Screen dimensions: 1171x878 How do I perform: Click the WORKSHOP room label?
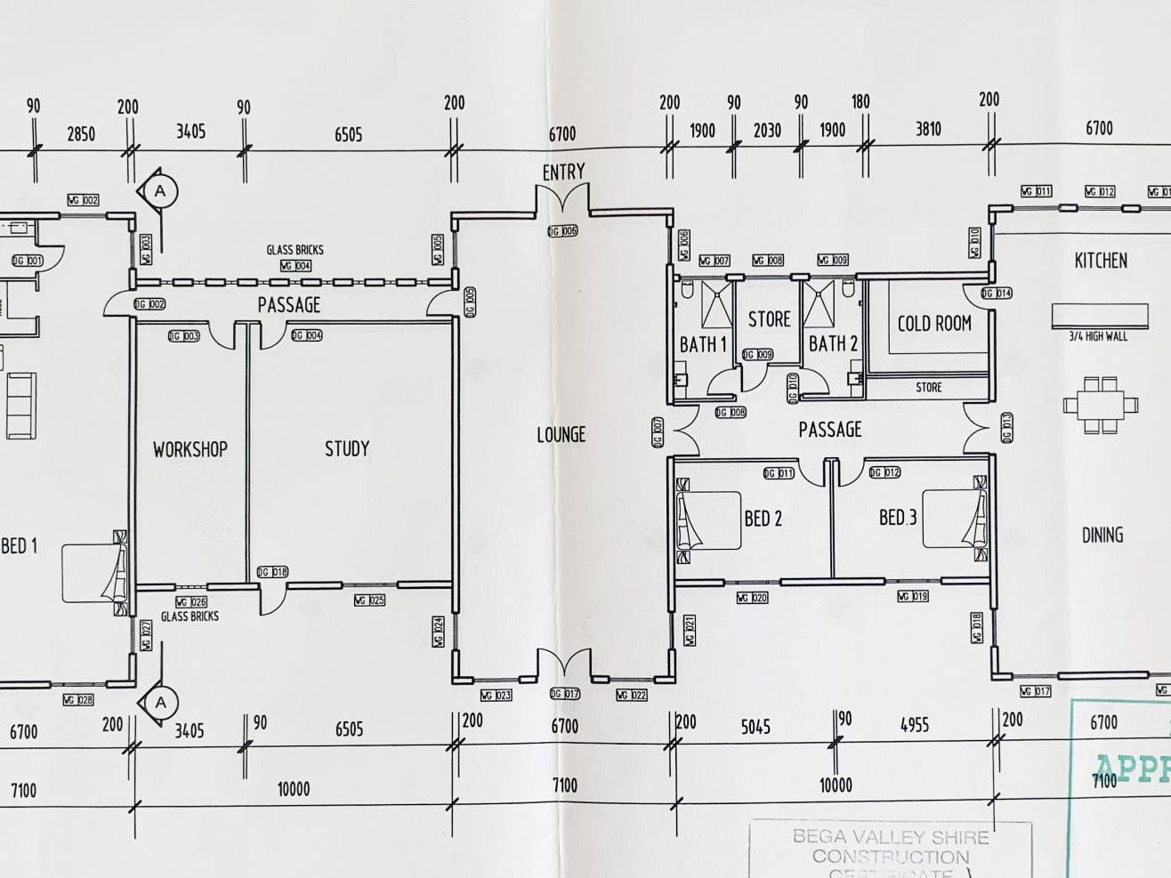(190, 449)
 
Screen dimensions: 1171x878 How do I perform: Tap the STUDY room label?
(346, 448)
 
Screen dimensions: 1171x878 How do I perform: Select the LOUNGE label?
(561, 435)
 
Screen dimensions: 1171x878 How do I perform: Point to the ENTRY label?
(564, 172)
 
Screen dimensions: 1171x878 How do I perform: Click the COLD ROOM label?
(933, 324)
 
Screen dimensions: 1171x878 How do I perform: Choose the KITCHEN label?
(1101, 261)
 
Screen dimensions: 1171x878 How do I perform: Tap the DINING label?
(1102, 536)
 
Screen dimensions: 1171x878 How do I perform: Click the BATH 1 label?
(703, 344)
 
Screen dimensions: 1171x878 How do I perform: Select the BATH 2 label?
(833, 343)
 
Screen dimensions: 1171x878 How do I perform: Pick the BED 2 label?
(763, 518)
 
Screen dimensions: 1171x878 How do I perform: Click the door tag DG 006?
(562, 231)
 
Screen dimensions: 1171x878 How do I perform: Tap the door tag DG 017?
(565, 694)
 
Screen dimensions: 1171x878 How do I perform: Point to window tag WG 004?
(295, 266)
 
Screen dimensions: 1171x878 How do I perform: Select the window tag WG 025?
(368, 600)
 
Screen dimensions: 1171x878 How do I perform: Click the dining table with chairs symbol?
(1101, 406)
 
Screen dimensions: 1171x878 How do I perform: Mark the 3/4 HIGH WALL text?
(1098, 336)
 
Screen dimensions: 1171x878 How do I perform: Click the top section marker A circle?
(161, 190)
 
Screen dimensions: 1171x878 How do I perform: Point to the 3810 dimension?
(928, 130)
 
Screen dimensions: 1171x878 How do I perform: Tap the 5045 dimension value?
(755, 727)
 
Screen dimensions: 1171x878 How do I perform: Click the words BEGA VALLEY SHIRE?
(890, 837)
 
